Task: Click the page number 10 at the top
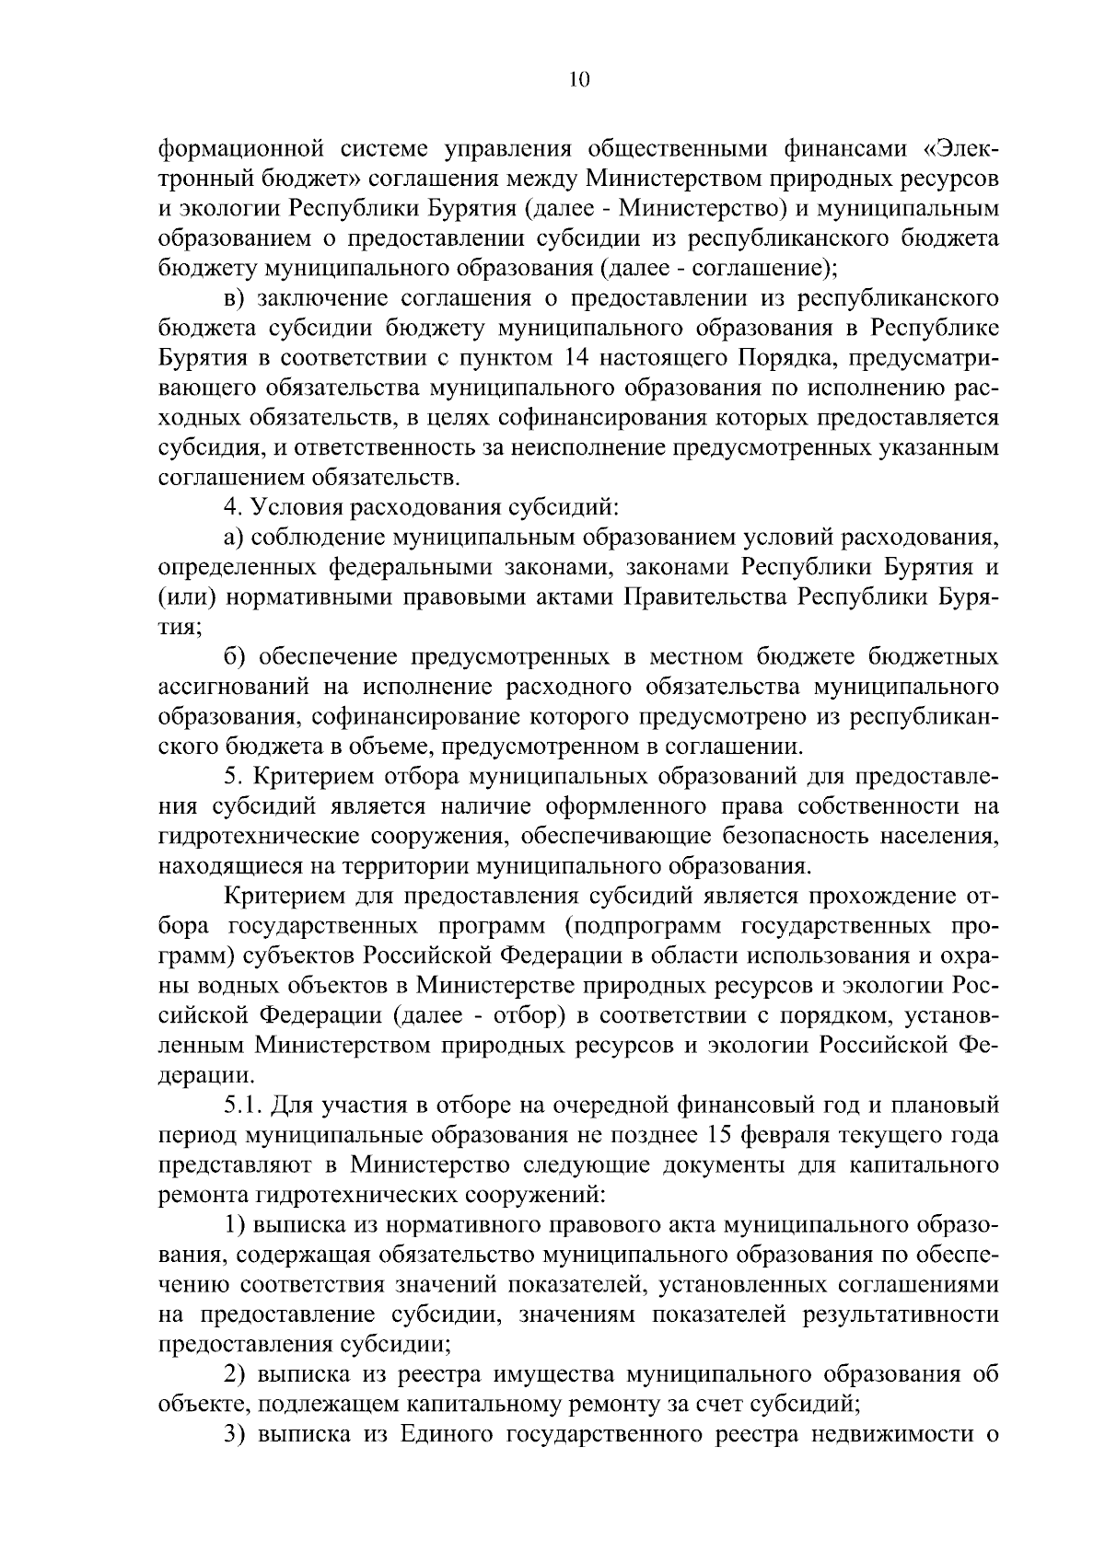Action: point(578,79)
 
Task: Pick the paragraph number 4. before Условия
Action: point(233,507)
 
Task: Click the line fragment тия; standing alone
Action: point(180,628)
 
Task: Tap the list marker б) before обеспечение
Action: point(237,657)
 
